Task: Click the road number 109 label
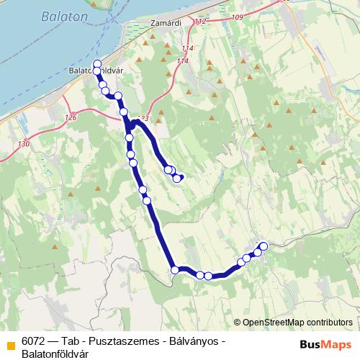point(238,16)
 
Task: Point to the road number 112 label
point(200,22)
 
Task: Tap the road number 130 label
point(25,144)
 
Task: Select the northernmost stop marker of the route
point(97,63)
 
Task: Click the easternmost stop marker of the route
point(263,246)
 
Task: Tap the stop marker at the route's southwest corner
point(175,270)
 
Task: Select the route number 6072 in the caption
point(35,341)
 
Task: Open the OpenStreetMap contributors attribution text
point(297,322)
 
